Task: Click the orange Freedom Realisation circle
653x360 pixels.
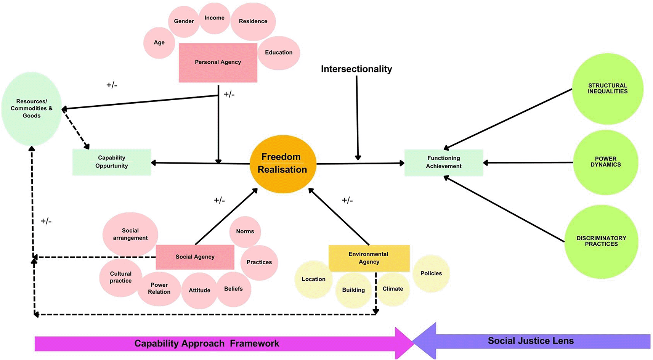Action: [x=282, y=164]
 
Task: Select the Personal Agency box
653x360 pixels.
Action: [x=218, y=62]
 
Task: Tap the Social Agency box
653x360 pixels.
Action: [x=195, y=257]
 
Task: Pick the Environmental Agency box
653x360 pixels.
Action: [x=369, y=258]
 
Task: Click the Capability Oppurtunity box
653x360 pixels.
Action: [x=112, y=162]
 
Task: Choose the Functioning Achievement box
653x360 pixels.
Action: [x=443, y=162]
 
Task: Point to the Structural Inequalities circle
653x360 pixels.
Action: [x=607, y=88]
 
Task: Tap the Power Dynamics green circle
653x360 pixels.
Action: [x=605, y=162]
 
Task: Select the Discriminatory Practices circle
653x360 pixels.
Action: [x=601, y=241]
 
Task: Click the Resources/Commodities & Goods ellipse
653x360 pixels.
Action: [x=31, y=109]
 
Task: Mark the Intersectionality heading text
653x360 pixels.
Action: [x=356, y=69]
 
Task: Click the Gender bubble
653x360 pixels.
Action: [x=184, y=21]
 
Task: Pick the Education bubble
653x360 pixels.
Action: [x=279, y=53]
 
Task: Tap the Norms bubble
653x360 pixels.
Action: [x=245, y=231]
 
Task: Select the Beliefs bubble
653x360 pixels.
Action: [x=233, y=289]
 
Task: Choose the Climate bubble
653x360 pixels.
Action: [x=393, y=289]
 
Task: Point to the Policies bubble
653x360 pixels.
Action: [x=431, y=273]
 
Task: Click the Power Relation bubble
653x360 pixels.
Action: [x=159, y=289]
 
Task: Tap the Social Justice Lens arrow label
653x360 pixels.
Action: [x=531, y=341]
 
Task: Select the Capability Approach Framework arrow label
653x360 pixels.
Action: [x=207, y=344]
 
